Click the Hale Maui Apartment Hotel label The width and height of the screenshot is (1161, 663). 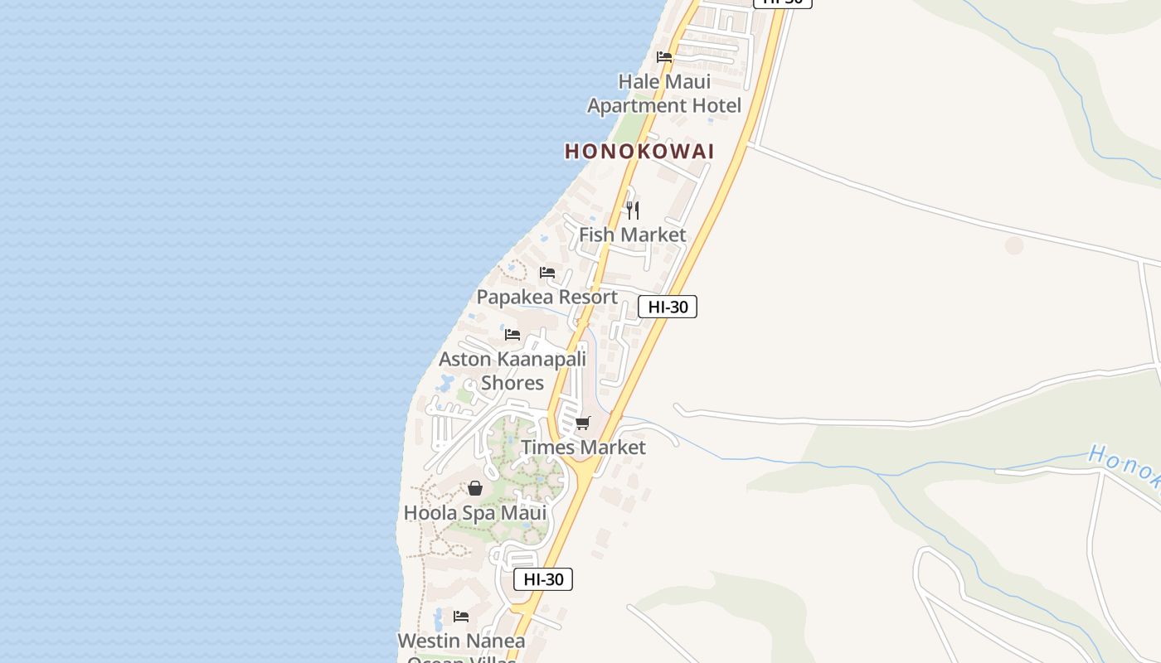[x=664, y=94]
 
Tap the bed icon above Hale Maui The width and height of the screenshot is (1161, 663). [x=664, y=57]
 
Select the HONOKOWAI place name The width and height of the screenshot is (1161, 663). [x=639, y=152]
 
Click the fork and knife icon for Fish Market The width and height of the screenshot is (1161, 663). [x=633, y=210]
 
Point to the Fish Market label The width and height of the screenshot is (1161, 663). [x=633, y=235]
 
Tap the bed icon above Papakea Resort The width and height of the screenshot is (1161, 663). [x=547, y=273]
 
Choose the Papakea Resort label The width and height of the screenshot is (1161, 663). [x=547, y=297]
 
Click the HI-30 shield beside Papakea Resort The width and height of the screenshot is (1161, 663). [x=668, y=307]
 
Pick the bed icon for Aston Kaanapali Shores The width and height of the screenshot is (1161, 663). [x=512, y=335]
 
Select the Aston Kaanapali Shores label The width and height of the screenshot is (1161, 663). [x=512, y=370]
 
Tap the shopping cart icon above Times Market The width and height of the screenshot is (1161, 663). [x=583, y=423]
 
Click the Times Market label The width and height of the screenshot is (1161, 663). [x=583, y=448]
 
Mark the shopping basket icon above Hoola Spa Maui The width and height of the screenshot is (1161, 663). [x=475, y=488]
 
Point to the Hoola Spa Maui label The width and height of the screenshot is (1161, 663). [x=475, y=513]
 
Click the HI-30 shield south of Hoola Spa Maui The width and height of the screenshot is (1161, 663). [x=543, y=579]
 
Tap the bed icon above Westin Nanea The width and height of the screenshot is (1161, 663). [x=461, y=617]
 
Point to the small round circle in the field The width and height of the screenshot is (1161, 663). [x=1013, y=245]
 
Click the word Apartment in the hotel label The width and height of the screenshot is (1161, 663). [x=636, y=106]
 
